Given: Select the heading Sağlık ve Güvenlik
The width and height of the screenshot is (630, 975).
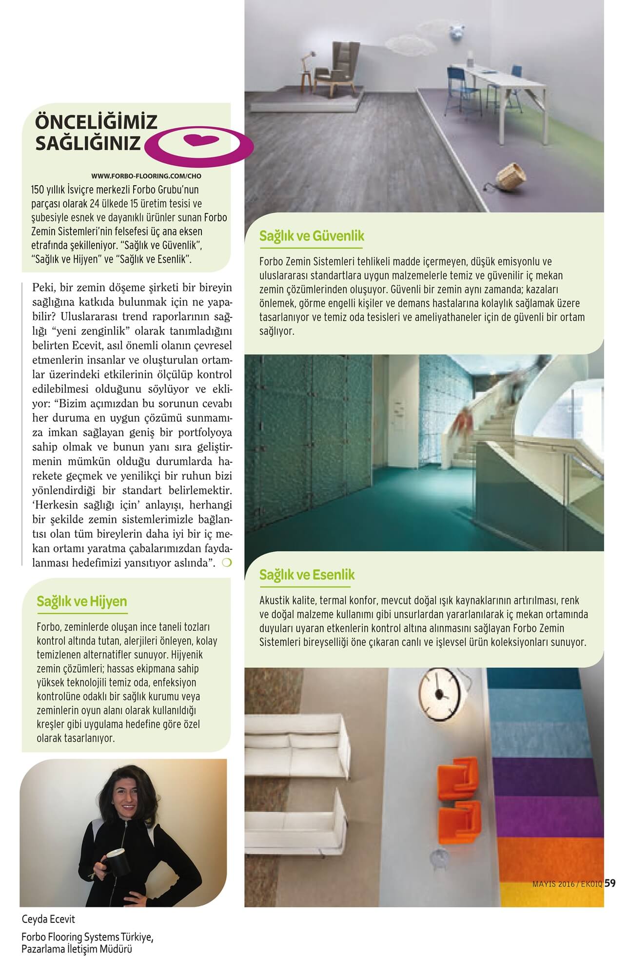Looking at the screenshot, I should [x=312, y=236].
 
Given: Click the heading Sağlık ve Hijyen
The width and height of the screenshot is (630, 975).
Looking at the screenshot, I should [x=81, y=602].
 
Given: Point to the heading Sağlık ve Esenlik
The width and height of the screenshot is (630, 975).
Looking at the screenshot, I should [x=307, y=575].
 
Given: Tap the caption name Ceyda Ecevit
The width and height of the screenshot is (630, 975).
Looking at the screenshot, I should [x=49, y=919].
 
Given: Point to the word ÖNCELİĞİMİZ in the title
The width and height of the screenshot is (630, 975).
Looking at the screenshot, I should [x=97, y=121].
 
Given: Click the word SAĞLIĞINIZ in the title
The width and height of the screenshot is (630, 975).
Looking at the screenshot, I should [x=88, y=143].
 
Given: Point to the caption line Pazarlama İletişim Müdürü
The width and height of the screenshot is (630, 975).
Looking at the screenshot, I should [x=77, y=949].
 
